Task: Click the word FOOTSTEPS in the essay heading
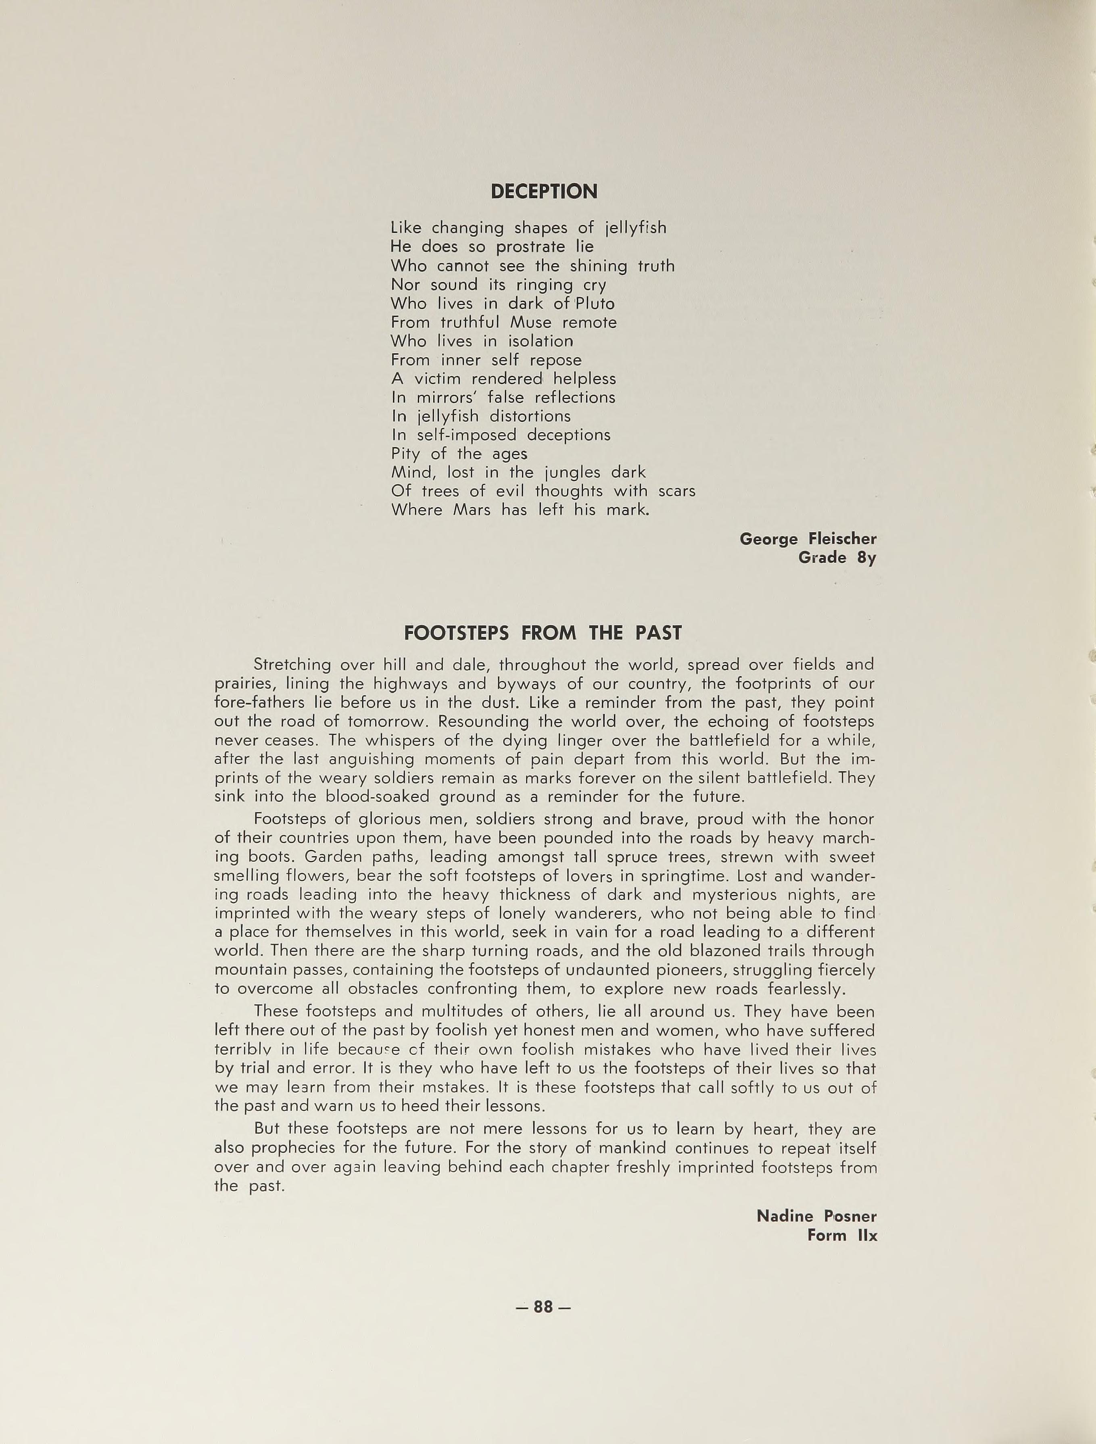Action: click(x=457, y=633)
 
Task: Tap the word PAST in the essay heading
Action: click(x=658, y=633)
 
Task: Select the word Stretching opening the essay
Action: click(x=292, y=665)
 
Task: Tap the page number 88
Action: click(x=543, y=1306)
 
